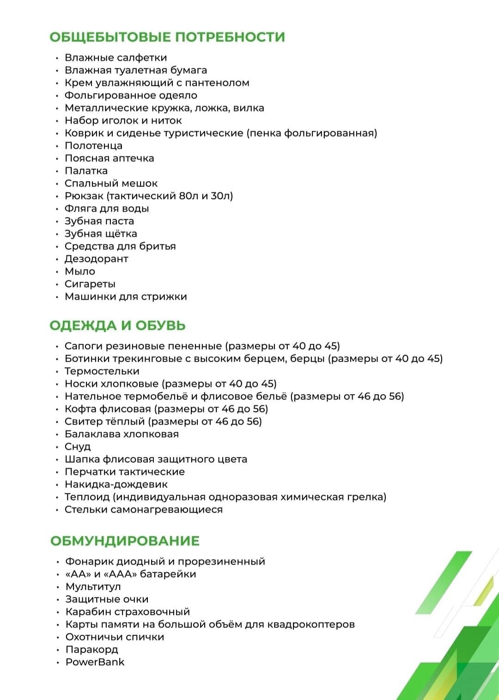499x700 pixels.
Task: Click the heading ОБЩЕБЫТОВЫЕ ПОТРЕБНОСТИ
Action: click(167, 37)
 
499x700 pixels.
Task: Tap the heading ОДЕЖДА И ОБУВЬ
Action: click(117, 325)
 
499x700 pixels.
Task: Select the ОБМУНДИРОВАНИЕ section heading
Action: click(125, 541)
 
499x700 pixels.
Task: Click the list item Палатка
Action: click(86, 171)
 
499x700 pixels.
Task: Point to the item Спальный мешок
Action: click(111, 183)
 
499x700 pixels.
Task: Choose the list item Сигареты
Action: click(90, 284)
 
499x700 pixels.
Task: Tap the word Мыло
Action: click(80, 272)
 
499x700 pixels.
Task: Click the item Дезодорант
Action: click(96, 259)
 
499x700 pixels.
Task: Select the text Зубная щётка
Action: click(101, 234)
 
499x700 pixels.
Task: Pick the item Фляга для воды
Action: click(107, 209)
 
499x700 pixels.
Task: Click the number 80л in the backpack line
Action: click(189, 196)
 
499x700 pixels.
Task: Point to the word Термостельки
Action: click(102, 371)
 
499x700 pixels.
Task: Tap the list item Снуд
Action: click(78, 447)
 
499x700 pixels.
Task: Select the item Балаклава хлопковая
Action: click(122, 434)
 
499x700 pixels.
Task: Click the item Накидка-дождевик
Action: click(116, 485)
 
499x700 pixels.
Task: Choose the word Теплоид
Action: click(87, 497)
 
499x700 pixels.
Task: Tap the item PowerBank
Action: click(95, 662)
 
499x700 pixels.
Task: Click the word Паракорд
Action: click(91, 650)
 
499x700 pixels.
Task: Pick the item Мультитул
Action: click(93, 587)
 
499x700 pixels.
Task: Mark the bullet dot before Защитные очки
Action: click(58, 600)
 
